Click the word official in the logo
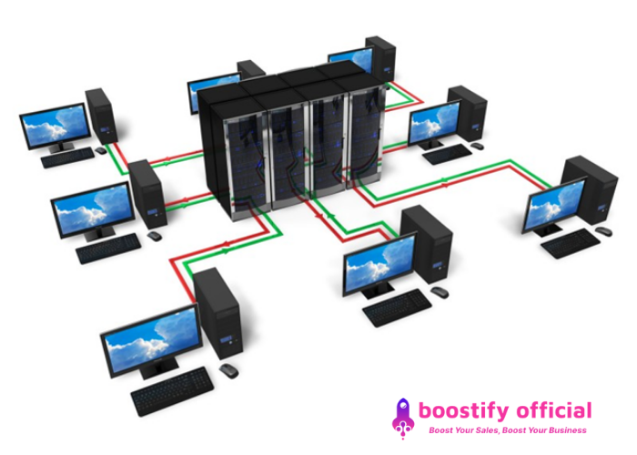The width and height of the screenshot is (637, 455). click(550, 410)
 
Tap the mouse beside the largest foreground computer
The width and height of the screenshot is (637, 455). click(227, 370)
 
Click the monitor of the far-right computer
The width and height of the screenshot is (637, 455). click(555, 206)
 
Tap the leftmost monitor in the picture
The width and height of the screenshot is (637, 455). click(55, 125)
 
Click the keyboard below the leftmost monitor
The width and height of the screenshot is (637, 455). click(67, 158)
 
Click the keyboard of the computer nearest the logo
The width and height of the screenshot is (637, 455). click(397, 308)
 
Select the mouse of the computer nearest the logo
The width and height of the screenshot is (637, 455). click(440, 291)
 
